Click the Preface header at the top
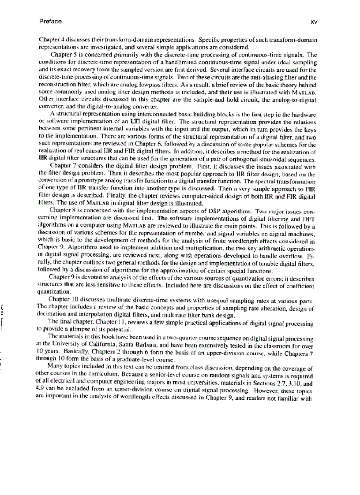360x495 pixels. point(50,21)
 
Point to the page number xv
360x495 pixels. point(315,22)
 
